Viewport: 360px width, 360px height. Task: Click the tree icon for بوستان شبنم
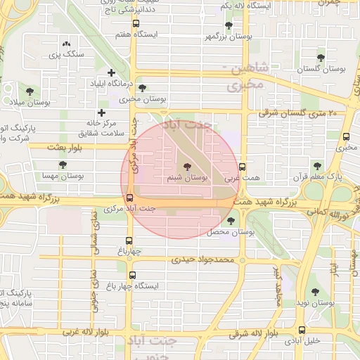(x=186, y=167)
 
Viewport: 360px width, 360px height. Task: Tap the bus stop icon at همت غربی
(x=243, y=167)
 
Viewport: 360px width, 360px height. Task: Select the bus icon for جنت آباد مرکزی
(x=129, y=198)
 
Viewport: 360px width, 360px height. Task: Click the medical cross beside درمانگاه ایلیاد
(x=110, y=72)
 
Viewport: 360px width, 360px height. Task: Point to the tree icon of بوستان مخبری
(x=143, y=89)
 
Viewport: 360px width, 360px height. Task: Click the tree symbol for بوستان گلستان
(x=321, y=58)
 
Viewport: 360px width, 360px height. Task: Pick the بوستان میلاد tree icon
(x=30, y=91)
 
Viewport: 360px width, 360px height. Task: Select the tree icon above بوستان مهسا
(x=63, y=165)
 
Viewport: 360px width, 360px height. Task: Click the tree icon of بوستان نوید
(x=314, y=291)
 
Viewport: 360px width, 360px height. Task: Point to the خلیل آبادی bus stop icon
(x=302, y=330)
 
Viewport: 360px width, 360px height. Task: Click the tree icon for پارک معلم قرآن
(x=317, y=166)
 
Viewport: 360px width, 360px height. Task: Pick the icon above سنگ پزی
(x=66, y=44)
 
